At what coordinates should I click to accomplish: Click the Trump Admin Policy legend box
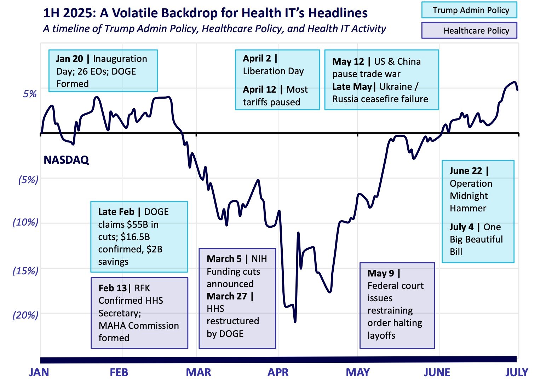pyautogui.click(x=469, y=10)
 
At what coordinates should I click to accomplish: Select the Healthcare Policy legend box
pyautogui.click(x=469, y=31)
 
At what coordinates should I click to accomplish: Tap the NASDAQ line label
pyautogui.click(x=66, y=160)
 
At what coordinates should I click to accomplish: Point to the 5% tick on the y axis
pyautogui.click(x=30, y=94)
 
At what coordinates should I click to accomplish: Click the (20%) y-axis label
pyautogui.click(x=25, y=315)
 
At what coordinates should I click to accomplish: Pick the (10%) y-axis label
pyautogui.click(x=25, y=222)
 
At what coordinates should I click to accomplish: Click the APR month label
pyautogui.click(x=278, y=372)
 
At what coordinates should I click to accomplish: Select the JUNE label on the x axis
pyautogui.click(x=437, y=372)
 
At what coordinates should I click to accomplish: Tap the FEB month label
pyautogui.click(x=119, y=372)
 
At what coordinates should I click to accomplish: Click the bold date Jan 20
pyautogui.click(x=69, y=59)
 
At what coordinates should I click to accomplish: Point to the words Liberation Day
pyautogui.click(x=273, y=71)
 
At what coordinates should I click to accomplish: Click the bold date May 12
pyautogui.click(x=348, y=62)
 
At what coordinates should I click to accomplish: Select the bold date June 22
pyautogui.click(x=466, y=171)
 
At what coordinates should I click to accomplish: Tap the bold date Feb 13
pyautogui.click(x=113, y=288)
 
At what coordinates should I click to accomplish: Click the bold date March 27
pyautogui.click(x=227, y=296)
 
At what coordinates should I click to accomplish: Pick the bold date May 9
pyautogui.click(x=381, y=273)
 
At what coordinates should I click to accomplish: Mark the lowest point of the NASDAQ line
pyautogui.click(x=295, y=322)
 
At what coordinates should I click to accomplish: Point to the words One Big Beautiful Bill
pyautogui.click(x=476, y=239)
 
